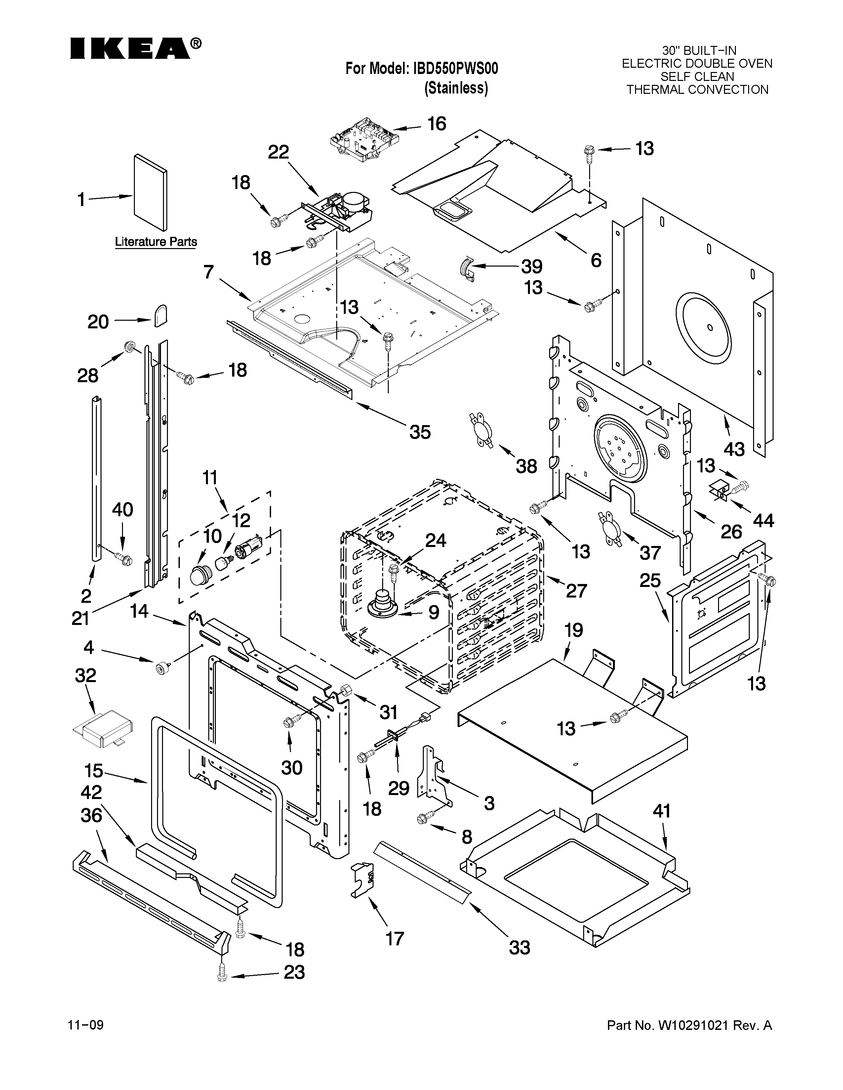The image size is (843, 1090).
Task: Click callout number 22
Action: point(279,152)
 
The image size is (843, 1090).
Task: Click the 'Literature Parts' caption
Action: point(156,242)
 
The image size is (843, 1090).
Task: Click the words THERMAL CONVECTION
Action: point(697,90)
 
